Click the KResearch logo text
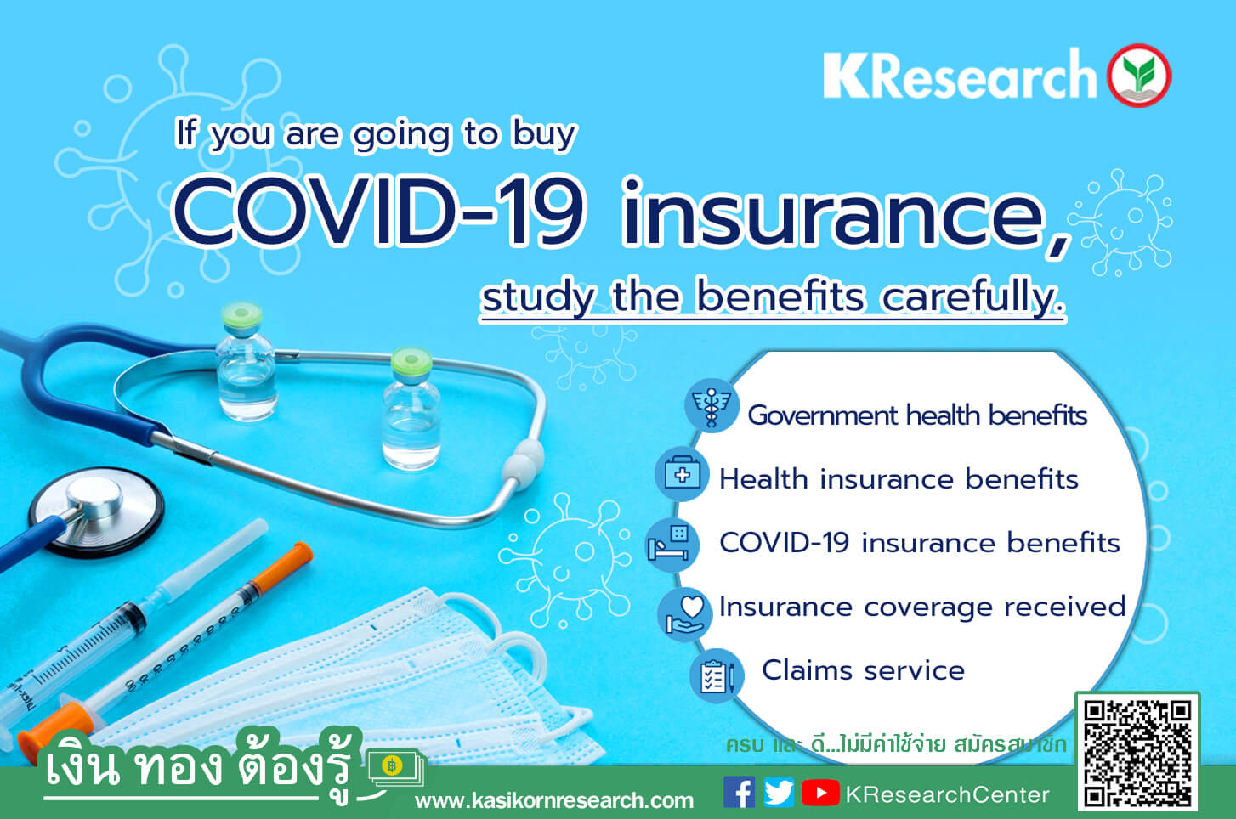click(x=960, y=74)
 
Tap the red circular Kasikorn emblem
click(x=1139, y=75)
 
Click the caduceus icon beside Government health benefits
click(x=712, y=406)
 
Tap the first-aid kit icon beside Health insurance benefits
click(x=682, y=474)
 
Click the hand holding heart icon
click(x=684, y=614)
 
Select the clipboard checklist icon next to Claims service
click(x=717, y=676)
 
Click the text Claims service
click(x=863, y=670)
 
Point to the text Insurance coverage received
click(x=922, y=607)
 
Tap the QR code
click(x=1137, y=752)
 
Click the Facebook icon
click(x=739, y=792)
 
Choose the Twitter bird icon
click(x=779, y=792)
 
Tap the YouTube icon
click(x=820, y=793)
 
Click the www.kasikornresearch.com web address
click(x=554, y=800)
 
